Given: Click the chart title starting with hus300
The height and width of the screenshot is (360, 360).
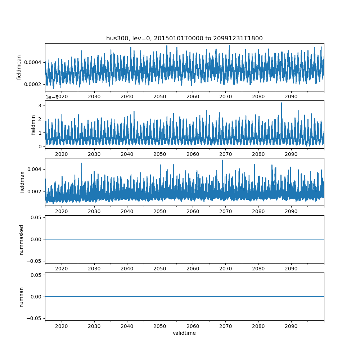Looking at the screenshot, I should [x=184, y=38].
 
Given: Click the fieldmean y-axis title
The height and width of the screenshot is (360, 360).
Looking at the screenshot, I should [x=19, y=67].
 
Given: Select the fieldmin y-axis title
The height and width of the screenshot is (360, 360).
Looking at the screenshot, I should [x=33, y=125].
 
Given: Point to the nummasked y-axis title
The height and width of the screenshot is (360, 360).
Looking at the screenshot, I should [x=21, y=239].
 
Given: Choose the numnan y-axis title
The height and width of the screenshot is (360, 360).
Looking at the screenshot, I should [x=21, y=297].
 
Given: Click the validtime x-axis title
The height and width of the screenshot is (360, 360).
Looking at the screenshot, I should [x=184, y=333].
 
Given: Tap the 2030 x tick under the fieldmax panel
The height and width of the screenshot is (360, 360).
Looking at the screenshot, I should [x=94, y=211].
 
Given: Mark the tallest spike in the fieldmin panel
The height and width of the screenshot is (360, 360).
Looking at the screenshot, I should [x=281, y=103].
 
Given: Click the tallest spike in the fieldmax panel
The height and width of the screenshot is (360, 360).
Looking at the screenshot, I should [x=222, y=160].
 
